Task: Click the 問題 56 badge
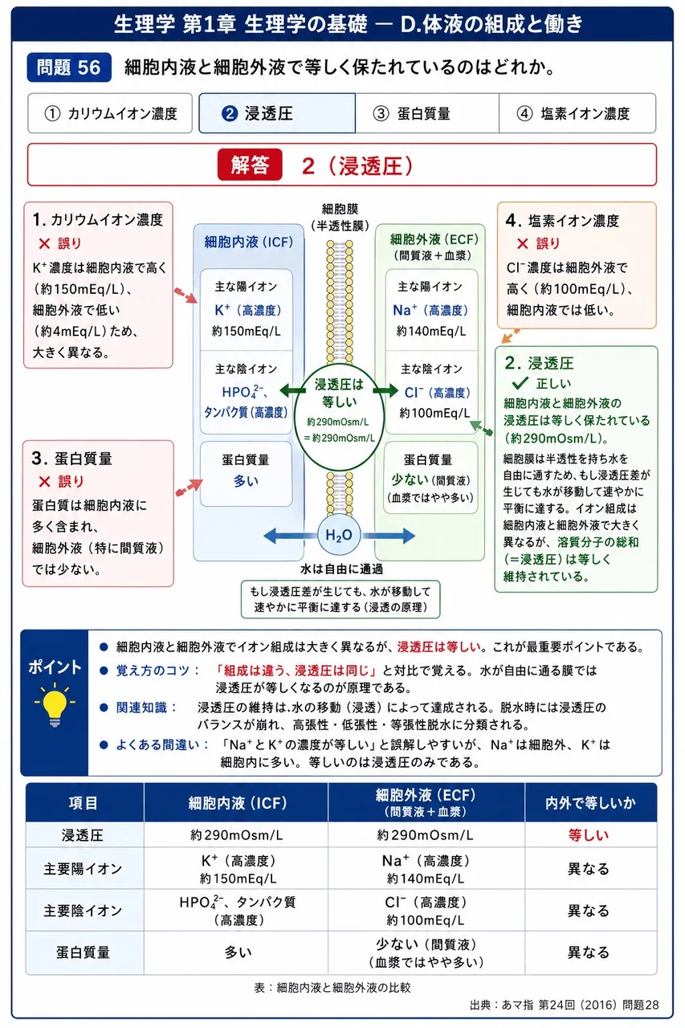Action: point(69,67)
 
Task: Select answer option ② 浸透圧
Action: point(277,113)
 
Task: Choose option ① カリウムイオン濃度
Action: point(110,113)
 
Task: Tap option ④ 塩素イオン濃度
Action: point(577,113)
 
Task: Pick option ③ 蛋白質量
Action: point(427,113)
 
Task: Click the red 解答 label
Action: point(250,165)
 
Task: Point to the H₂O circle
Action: point(339,535)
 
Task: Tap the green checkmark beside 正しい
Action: point(520,383)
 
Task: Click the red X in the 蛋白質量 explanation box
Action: point(44,481)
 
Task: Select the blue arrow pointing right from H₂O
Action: point(388,535)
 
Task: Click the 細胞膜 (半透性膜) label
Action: point(340,218)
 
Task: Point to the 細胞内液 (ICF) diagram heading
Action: point(249,242)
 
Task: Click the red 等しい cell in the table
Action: point(588,834)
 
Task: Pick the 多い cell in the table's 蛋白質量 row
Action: point(238,953)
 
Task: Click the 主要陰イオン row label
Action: point(83,911)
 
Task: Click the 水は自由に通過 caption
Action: point(341,569)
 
